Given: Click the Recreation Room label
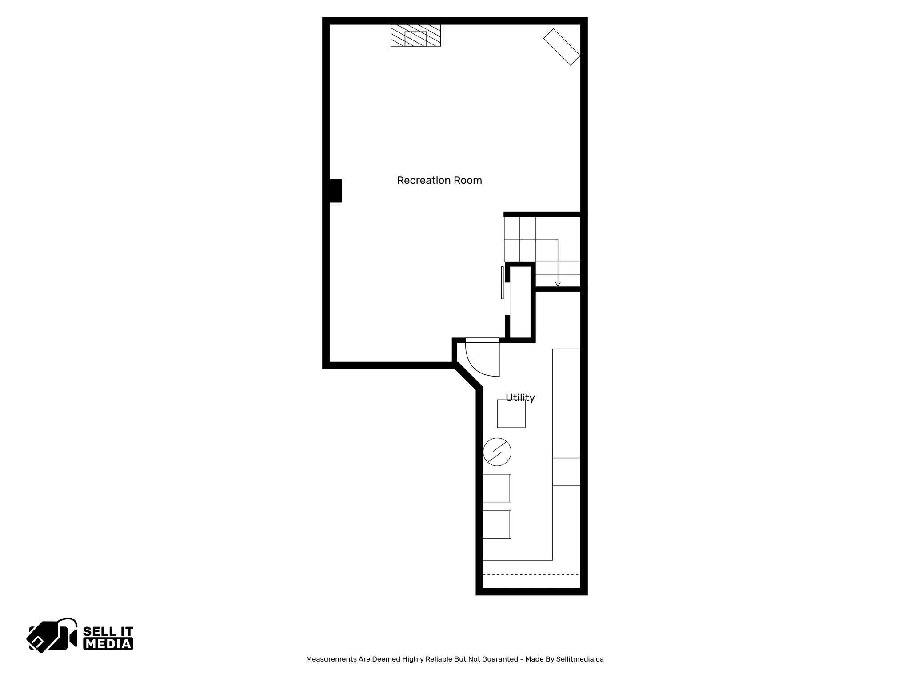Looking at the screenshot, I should [439, 180].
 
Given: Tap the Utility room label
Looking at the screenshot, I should [520, 397].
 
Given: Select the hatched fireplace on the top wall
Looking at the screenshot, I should [415, 35].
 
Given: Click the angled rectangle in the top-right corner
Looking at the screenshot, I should [562, 47].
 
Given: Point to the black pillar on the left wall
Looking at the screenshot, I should [335, 191].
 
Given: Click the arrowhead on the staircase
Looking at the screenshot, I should [558, 284].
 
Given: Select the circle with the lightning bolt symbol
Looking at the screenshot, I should [497, 452].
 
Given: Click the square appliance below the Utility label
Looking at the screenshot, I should [511, 414].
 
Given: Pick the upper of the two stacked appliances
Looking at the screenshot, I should [497, 488].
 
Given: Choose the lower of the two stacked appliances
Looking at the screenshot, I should [497, 524].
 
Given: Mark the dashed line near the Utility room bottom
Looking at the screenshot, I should [531, 574].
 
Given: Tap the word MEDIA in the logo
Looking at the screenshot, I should [108, 644].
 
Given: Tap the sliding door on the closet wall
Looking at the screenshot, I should [503, 283].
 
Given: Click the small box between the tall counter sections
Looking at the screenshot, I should [566, 472].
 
